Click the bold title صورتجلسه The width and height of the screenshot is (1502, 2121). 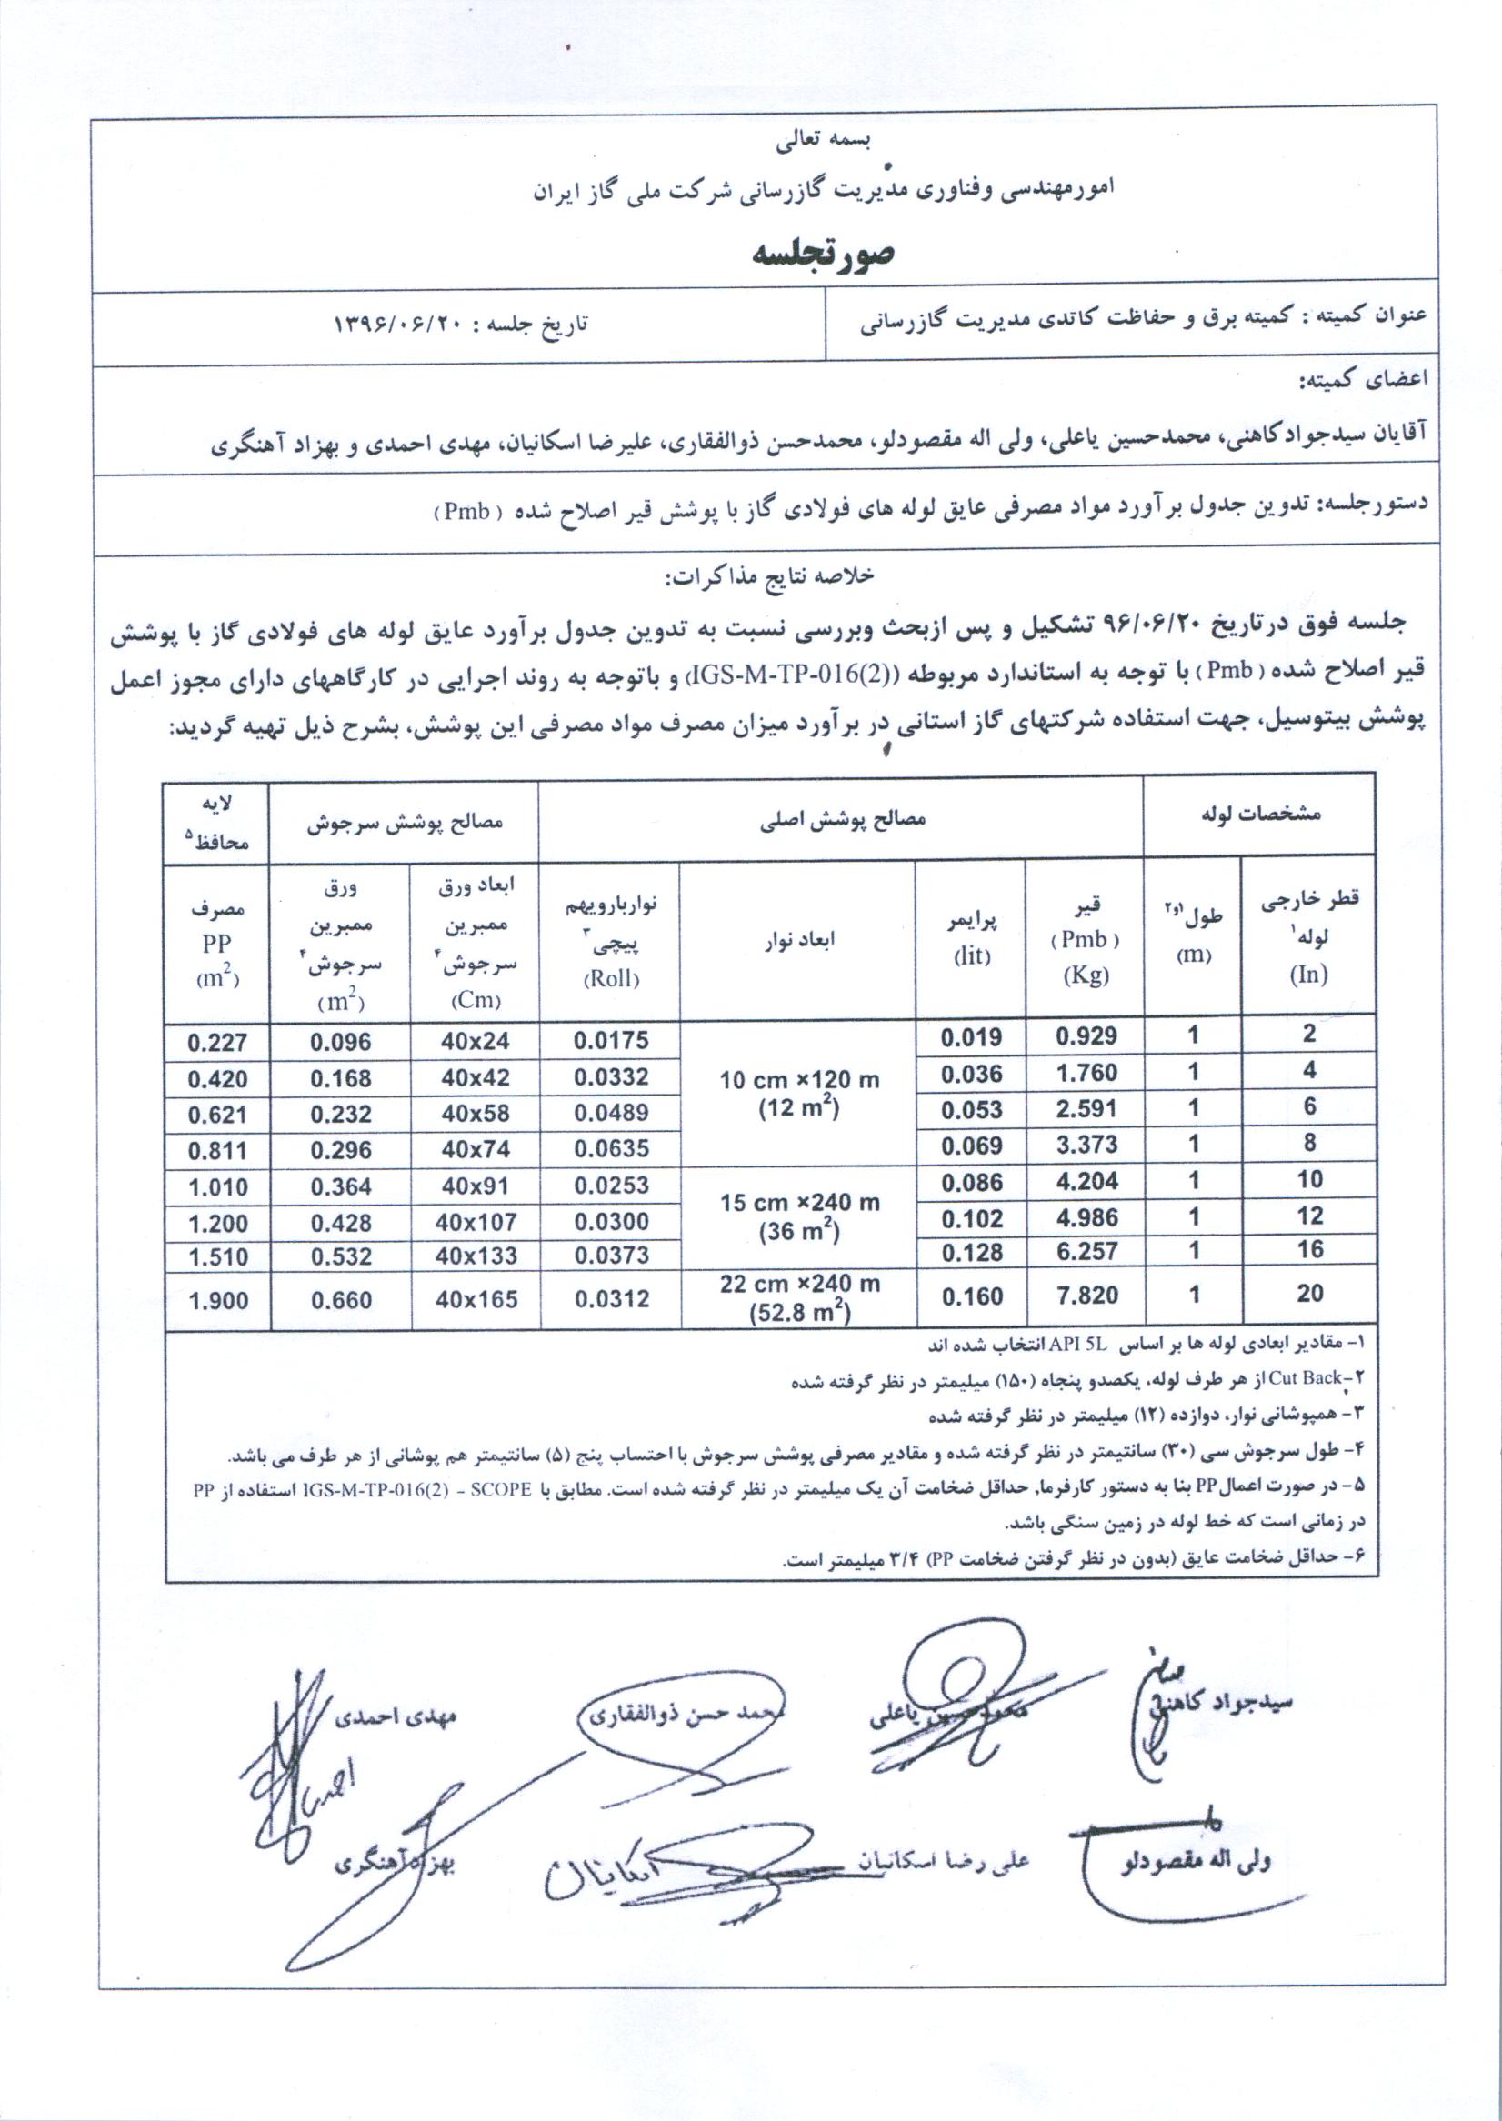click(x=821, y=253)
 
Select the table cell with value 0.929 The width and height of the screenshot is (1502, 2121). click(x=1086, y=1036)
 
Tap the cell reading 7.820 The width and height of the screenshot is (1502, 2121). click(x=1086, y=1296)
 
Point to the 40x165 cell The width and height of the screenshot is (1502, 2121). click(x=476, y=1299)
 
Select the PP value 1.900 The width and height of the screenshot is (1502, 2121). click(x=218, y=1300)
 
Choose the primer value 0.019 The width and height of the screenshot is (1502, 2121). click(x=971, y=1037)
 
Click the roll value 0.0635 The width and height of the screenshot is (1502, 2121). click(x=611, y=1148)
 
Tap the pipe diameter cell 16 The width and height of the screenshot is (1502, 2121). click(x=1309, y=1250)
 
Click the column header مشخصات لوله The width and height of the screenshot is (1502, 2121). click(x=1260, y=815)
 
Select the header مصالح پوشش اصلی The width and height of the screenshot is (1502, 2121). click(x=842, y=819)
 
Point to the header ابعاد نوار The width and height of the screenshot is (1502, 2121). click(x=799, y=941)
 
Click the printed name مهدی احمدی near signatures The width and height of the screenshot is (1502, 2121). click(x=394, y=1718)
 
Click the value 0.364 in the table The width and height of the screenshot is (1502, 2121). click(x=341, y=1186)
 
